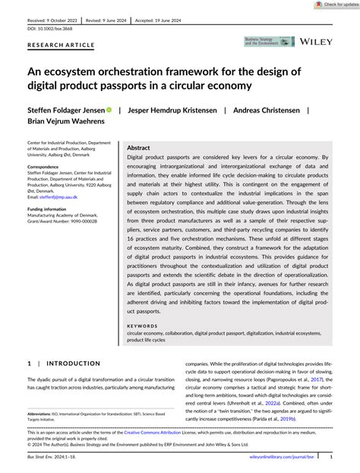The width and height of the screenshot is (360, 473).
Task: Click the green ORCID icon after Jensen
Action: pos(109,110)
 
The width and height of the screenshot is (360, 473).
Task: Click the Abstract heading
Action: pos(138,148)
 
